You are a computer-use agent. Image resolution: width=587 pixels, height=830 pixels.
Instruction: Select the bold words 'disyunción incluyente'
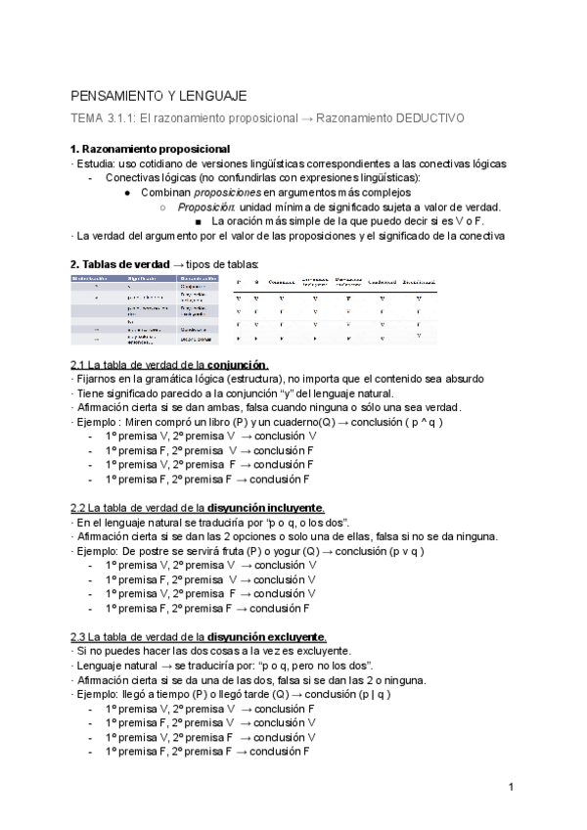[265, 508]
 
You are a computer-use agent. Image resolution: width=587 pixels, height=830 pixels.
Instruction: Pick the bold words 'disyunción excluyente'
[266, 637]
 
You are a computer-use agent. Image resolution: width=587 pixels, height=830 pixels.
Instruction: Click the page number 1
[511, 787]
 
